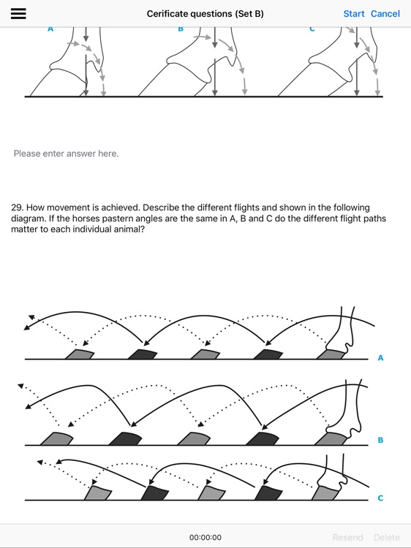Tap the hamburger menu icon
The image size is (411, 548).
18,13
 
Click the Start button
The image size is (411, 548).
354,14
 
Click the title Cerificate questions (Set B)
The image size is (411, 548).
205,14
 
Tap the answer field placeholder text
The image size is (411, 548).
66,153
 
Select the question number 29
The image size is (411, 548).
16,208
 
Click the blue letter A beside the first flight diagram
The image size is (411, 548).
380,358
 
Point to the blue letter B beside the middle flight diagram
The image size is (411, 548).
380,440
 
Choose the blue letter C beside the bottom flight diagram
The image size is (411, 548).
380,498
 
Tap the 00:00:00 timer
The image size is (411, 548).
205,537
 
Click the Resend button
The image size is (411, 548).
347,537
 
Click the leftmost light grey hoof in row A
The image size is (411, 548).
80,354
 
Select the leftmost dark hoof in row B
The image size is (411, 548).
125,438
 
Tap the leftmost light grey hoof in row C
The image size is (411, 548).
98,493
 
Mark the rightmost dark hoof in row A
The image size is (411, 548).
268,354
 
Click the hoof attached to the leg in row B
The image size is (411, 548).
331,438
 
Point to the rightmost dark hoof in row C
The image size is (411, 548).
268,493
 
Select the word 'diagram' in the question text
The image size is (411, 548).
26,218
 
